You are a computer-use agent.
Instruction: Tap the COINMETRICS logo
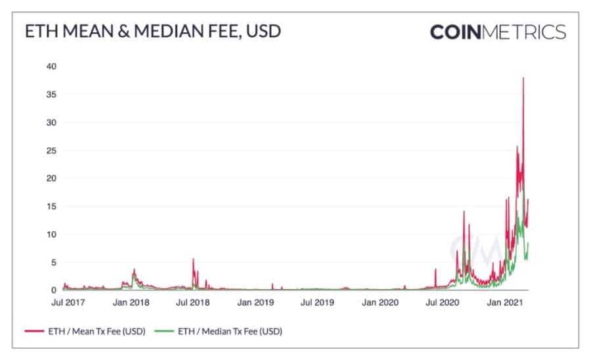pyautogui.click(x=497, y=32)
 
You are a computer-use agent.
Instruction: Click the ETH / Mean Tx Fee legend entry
pyautogui.click(x=91, y=331)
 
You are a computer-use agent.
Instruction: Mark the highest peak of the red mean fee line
pyautogui.click(x=523, y=78)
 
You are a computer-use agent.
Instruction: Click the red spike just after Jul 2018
pyautogui.click(x=193, y=259)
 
